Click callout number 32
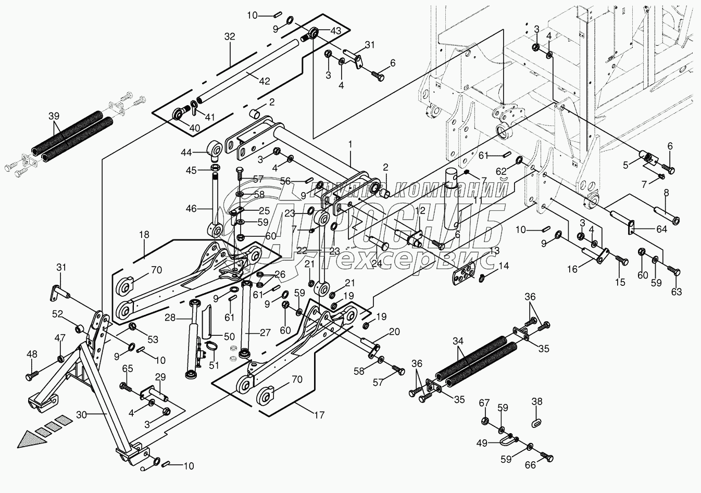[x=230, y=36]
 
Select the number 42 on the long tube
[x=265, y=81]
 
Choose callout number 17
[x=319, y=415]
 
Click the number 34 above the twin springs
[x=458, y=341]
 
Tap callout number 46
[x=191, y=209]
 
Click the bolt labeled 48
[x=33, y=374]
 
